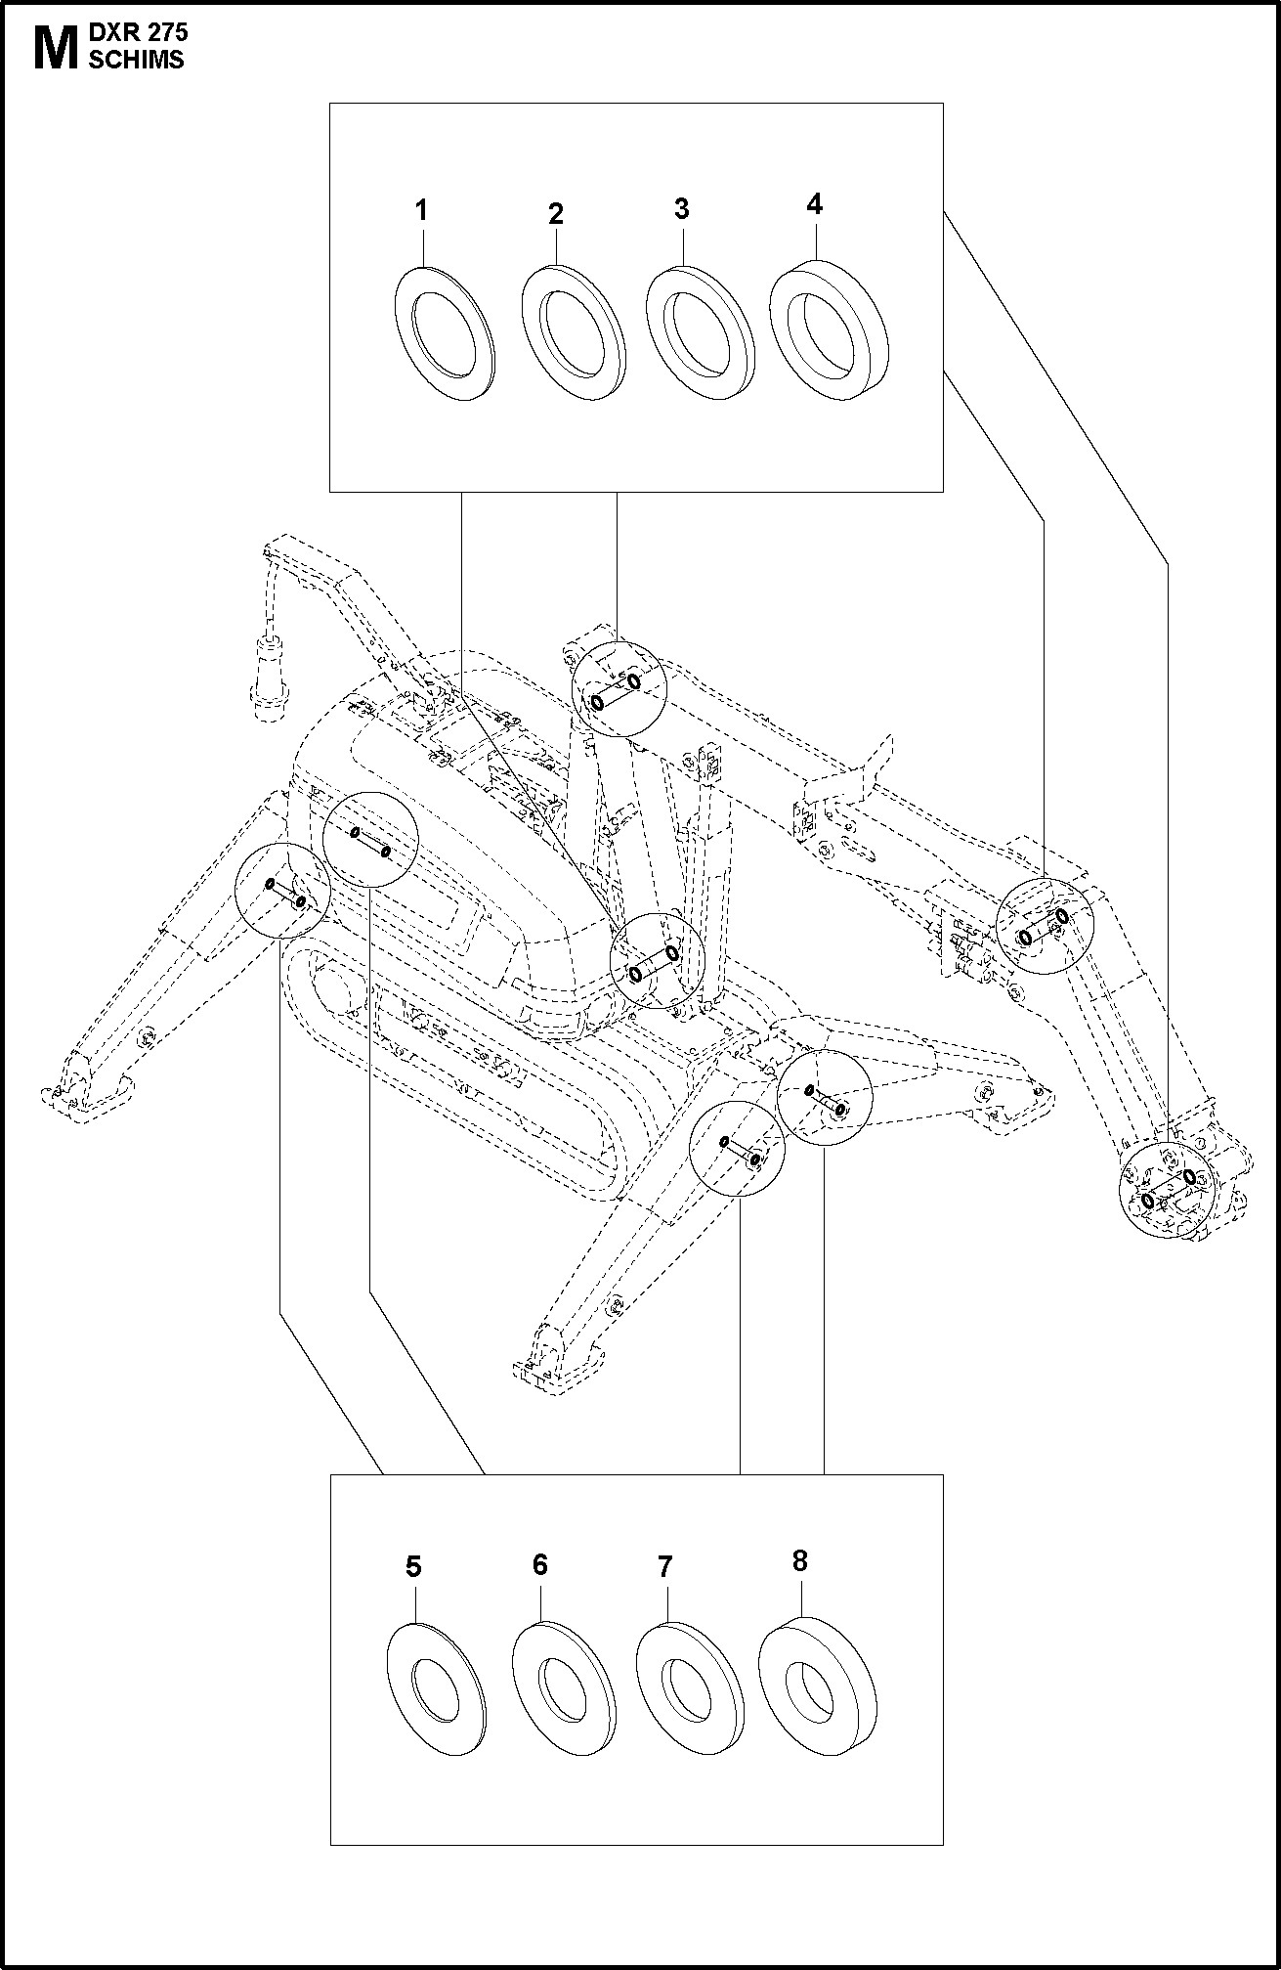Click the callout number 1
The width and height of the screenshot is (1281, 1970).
coord(421,210)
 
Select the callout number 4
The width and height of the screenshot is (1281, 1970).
coord(815,204)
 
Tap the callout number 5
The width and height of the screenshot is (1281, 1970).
coord(413,1567)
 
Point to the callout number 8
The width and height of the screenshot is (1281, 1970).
coord(800,1561)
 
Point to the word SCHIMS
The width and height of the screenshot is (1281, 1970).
coord(136,60)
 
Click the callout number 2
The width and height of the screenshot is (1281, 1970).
coord(556,214)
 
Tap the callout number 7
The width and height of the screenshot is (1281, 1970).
coord(664,1567)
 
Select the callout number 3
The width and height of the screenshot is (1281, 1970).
coord(681,208)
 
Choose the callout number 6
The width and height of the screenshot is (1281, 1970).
coord(540,1564)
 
